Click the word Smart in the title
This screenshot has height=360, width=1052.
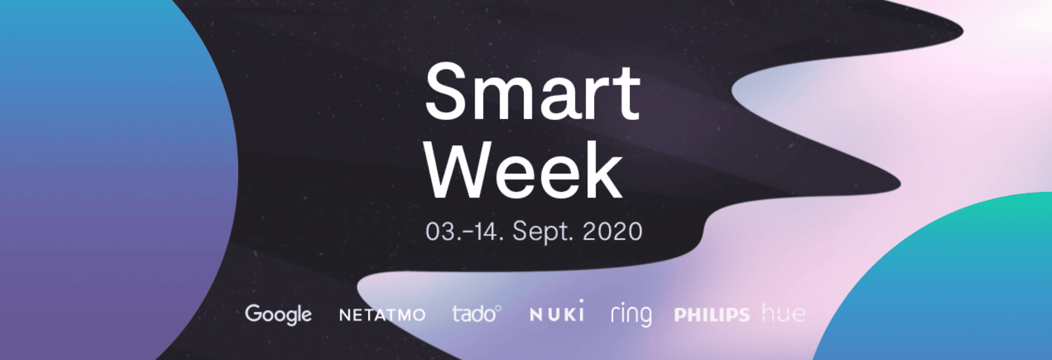(x=533, y=92)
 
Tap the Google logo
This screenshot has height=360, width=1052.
(x=278, y=314)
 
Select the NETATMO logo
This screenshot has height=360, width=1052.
(x=382, y=315)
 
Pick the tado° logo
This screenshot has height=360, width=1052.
(x=476, y=314)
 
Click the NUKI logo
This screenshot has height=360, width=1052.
(x=557, y=311)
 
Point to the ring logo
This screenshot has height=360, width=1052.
(x=631, y=314)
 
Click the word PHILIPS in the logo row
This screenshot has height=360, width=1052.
(x=712, y=315)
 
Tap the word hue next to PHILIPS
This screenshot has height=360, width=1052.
(x=784, y=313)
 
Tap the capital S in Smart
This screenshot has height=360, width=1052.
(x=447, y=92)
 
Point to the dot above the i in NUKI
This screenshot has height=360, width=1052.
(x=581, y=301)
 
